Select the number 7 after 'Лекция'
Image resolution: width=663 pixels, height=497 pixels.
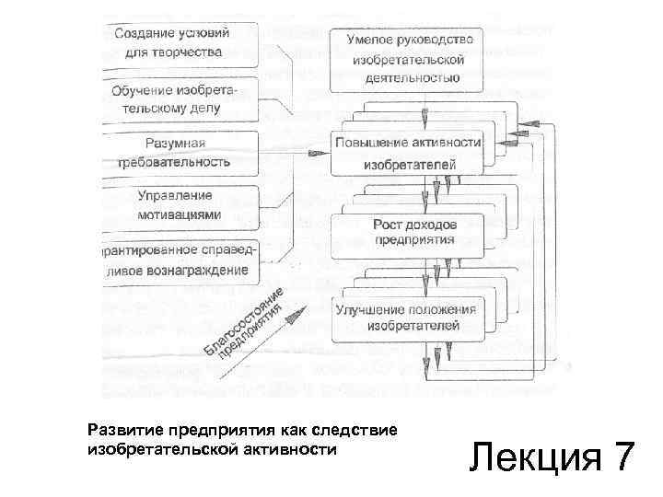[622, 457]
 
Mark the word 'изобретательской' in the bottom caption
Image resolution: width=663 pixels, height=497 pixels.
[165, 450]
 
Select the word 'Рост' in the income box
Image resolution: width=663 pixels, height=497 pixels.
[390, 224]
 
